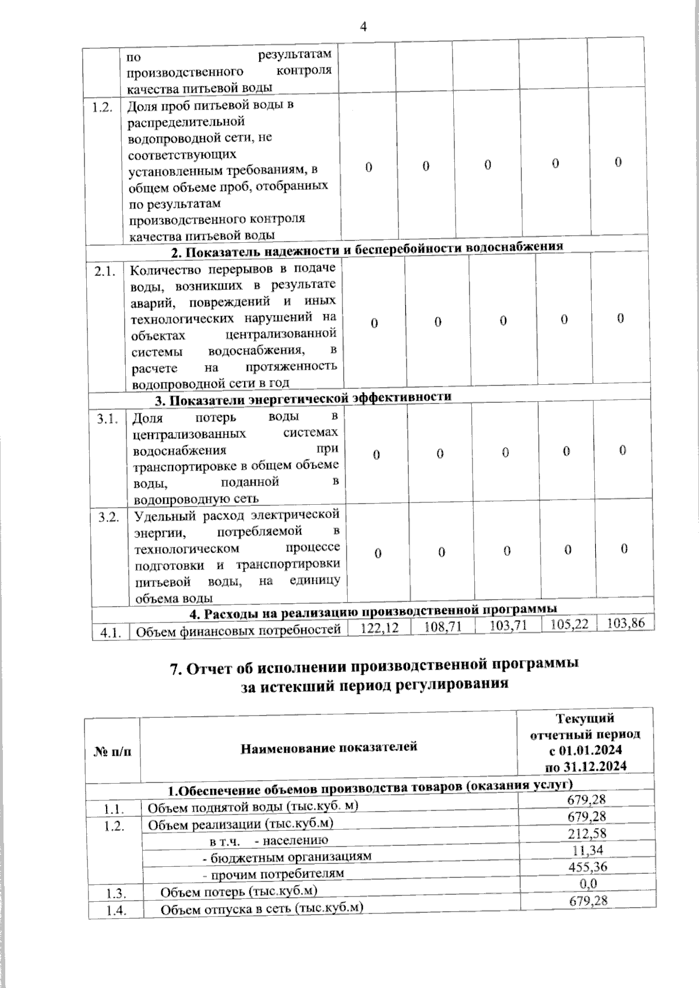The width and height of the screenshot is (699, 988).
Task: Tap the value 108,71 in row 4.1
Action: click(x=443, y=626)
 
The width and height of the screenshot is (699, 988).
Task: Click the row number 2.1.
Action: click(x=105, y=271)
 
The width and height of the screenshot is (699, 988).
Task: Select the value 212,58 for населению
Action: click(x=587, y=834)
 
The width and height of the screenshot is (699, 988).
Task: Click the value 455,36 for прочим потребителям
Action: click(x=587, y=866)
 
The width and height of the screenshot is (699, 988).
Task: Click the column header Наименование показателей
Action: click(x=329, y=746)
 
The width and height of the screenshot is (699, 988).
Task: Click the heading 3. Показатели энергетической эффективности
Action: click(x=303, y=399)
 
